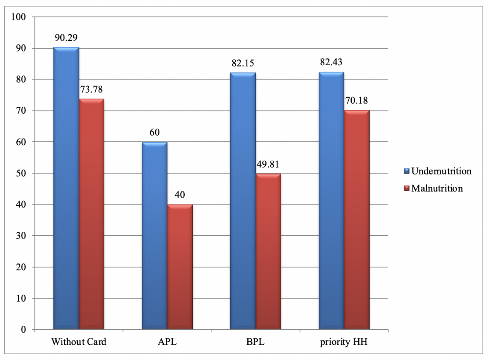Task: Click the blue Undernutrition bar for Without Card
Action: pyautogui.click(x=66, y=188)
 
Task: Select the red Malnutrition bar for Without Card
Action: pyautogui.click(x=92, y=214)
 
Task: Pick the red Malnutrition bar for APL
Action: pyautogui.click(x=180, y=267)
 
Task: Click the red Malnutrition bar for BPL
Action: pyautogui.click(x=269, y=252)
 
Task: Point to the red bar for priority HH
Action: pyautogui.click(x=357, y=220)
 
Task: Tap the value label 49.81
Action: pyautogui.click(x=269, y=164)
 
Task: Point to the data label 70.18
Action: pyautogui.click(x=357, y=101)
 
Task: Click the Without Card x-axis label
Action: pyautogui.click(x=79, y=342)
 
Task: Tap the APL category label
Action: pyautogui.click(x=167, y=342)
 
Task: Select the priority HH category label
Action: pyautogui.click(x=344, y=342)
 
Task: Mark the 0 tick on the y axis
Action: pyautogui.click(x=24, y=329)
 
